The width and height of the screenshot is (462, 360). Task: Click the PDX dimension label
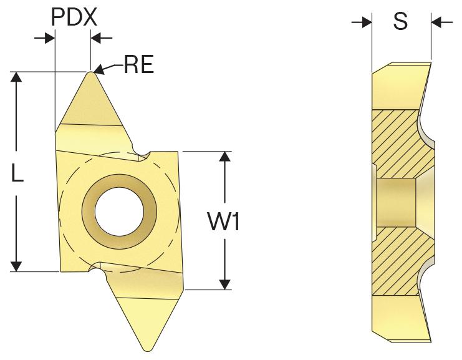click(74, 17)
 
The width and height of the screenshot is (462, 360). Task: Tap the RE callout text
click(138, 64)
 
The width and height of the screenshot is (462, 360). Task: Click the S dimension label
click(401, 22)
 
